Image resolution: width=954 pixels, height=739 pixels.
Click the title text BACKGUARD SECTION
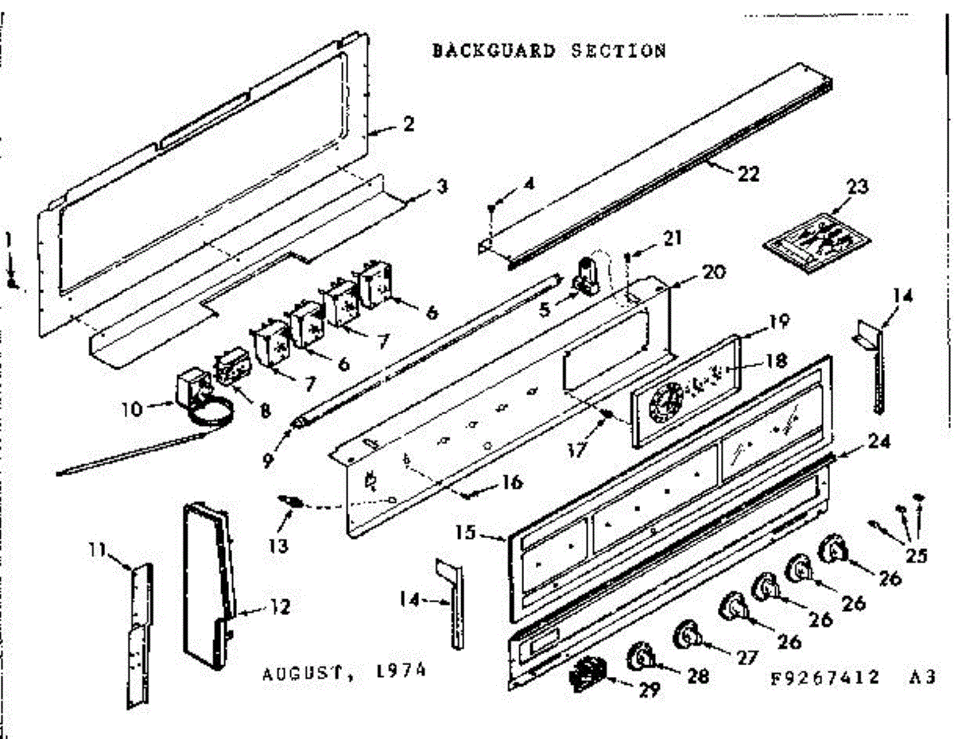(x=549, y=52)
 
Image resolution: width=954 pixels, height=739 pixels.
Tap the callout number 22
(x=747, y=175)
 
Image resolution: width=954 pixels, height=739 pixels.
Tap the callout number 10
(x=132, y=409)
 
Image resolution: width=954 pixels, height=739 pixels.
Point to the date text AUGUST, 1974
(x=343, y=672)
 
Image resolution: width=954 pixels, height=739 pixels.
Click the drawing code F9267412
(x=826, y=678)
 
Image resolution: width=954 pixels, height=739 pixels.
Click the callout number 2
(x=408, y=126)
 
